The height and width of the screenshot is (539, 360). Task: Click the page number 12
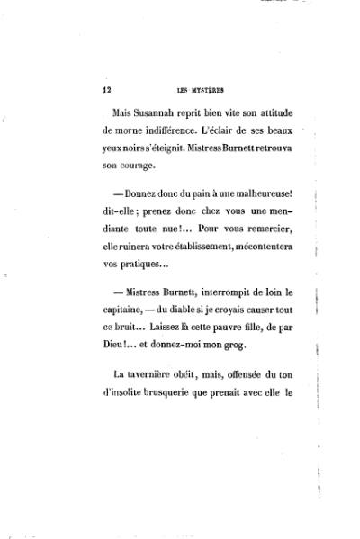click(106, 90)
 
